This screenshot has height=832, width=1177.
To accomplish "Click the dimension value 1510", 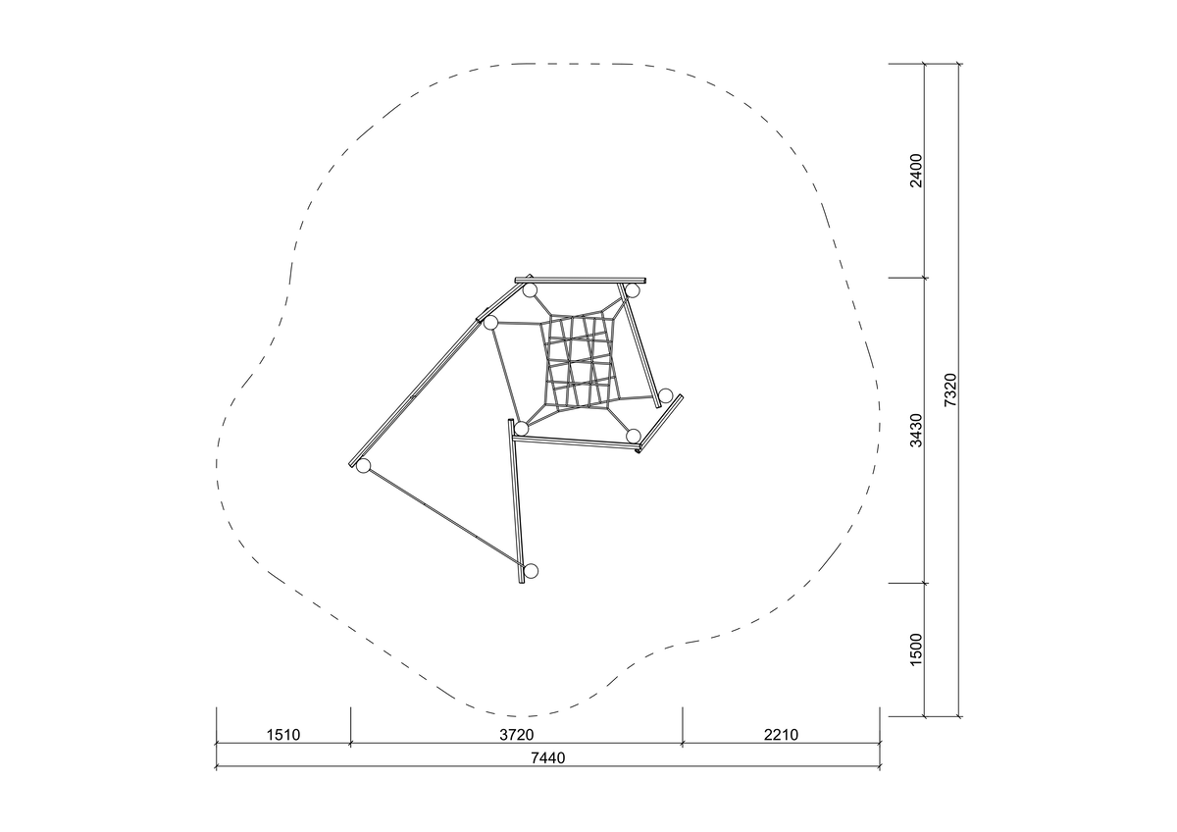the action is coord(283,734).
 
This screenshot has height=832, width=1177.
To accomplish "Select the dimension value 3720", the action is coord(517,734).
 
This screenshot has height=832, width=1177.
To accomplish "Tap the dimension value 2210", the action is coord(781,734).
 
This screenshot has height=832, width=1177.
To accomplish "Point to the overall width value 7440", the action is coord(548,757).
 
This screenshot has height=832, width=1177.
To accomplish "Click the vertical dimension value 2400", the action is coord(916,171).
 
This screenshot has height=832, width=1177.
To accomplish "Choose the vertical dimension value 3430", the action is coord(916,430).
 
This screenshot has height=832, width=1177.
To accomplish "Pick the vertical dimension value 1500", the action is coord(916,650).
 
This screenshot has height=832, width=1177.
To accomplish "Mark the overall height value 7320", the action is coord(950,390).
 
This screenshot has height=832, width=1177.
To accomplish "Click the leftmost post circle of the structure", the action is coord(363,466).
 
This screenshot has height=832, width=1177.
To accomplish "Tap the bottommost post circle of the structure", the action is coord(532,571).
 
